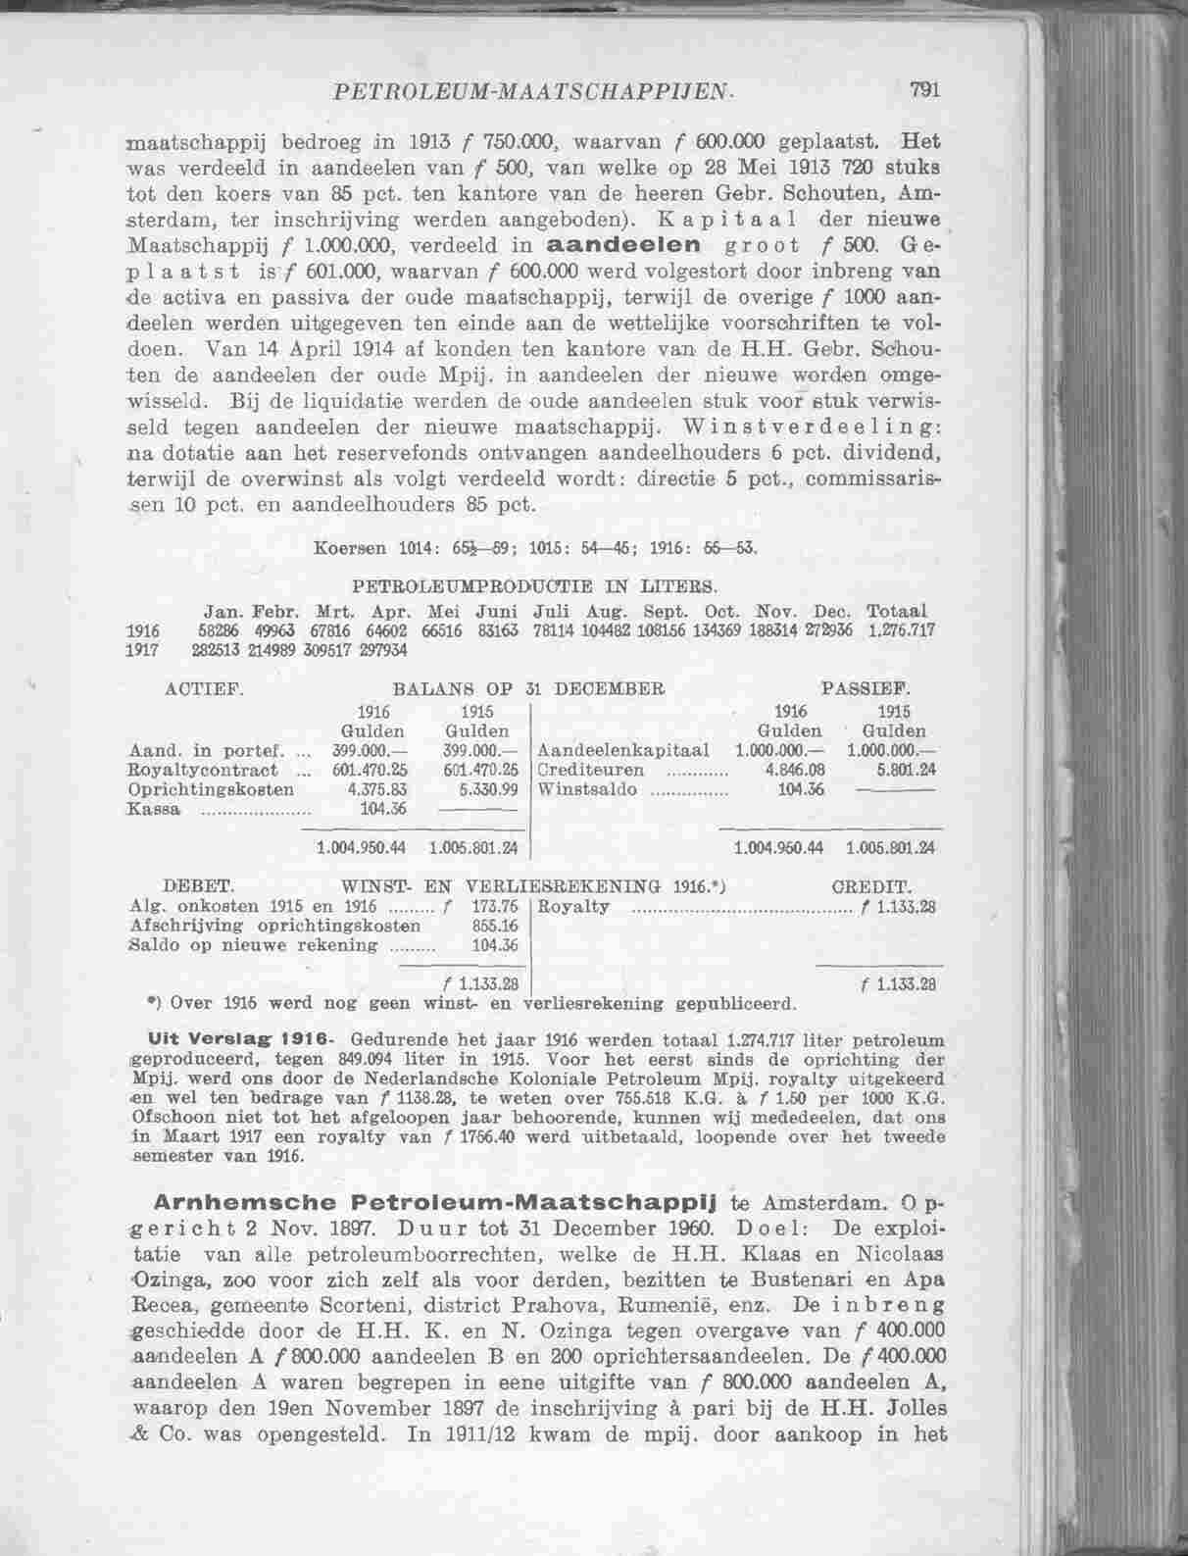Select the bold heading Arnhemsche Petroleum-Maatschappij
pyautogui.click(x=432, y=1202)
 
